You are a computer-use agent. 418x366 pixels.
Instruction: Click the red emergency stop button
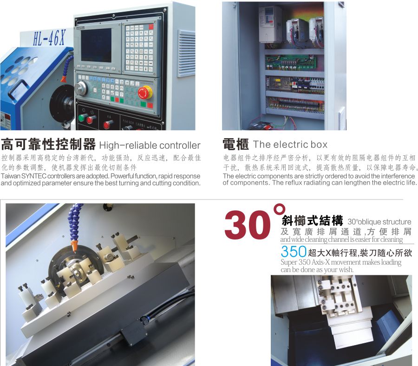pos(144,93)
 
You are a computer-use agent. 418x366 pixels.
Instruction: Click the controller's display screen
pos(96,45)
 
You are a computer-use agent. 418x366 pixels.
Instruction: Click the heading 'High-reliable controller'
pos(150,145)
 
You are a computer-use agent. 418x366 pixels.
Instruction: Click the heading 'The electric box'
pos(290,145)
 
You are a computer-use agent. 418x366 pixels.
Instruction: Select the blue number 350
pos(294,252)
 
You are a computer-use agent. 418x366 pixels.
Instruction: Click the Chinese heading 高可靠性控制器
pos(48,144)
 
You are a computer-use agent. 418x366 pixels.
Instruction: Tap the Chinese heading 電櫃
pos(235,144)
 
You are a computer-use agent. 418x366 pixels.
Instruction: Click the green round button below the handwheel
pos(82,118)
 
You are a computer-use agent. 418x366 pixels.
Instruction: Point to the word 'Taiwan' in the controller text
pos(10,177)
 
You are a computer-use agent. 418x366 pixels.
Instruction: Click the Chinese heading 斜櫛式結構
pos(312,221)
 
